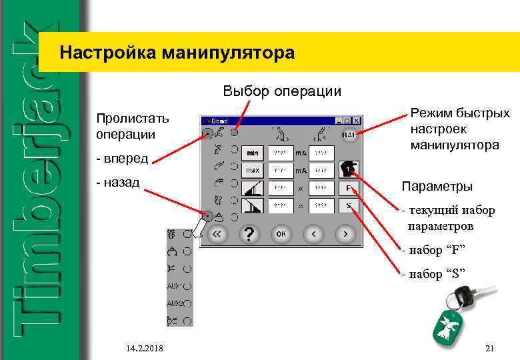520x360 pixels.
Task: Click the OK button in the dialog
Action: [x=281, y=234]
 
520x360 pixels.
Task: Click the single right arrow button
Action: [x=345, y=234]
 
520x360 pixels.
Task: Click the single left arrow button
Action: [x=314, y=234]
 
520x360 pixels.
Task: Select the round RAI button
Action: [x=349, y=135]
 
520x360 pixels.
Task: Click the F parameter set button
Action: [x=349, y=188]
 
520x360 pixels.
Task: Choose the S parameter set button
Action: [x=349, y=206]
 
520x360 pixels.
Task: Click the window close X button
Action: [x=357, y=121]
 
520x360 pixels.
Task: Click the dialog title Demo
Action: [x=219, y=121]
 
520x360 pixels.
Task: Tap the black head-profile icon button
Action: [x=349, y=168]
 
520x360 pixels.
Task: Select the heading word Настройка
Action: [x=106, y=52]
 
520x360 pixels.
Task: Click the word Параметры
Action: [x=437, y=186]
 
